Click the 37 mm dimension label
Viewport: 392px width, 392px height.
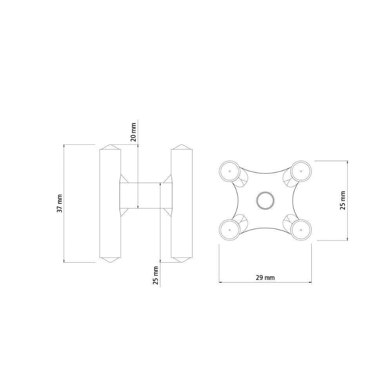point(60,203)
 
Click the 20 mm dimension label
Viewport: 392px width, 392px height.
point(133,132)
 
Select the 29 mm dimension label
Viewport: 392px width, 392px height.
point(265,277)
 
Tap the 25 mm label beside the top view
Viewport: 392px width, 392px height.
point(343,200)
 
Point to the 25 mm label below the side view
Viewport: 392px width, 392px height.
point(156,275)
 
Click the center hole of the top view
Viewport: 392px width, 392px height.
point(265,200)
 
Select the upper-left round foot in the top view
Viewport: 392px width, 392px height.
point(229,171)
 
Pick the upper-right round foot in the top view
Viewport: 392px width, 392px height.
point(301,171)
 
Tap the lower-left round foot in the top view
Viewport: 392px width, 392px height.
point(229,229)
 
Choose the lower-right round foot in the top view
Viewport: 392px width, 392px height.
point(301,229)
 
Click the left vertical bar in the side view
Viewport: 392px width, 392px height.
point(110,203)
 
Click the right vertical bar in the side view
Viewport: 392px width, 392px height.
point(182,203)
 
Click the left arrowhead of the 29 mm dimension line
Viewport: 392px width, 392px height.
point(220,282)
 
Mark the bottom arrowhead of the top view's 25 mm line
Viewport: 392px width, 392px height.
point(348,239)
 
